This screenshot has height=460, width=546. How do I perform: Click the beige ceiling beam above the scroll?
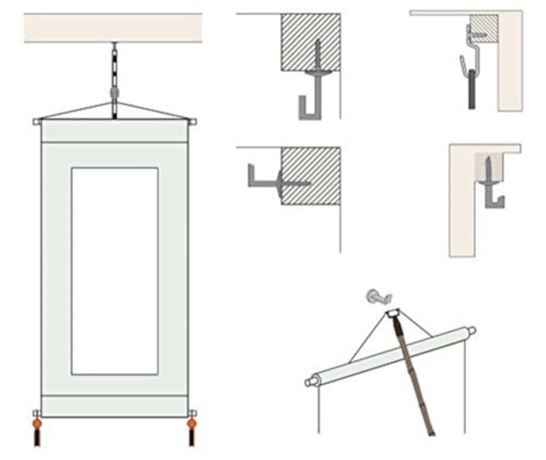[x=113, y=28]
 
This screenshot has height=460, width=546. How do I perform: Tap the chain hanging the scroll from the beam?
[x=114, y=69]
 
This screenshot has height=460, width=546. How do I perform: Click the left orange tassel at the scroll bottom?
[x=37, y=424]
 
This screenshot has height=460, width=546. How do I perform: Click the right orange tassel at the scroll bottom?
[x=191, y=424]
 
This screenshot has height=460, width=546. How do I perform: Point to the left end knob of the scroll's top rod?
[x=37, y=122]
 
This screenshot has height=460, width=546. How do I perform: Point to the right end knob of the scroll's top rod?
[x=192, y=122]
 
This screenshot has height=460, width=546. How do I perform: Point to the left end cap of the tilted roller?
[x=310, y=382]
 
